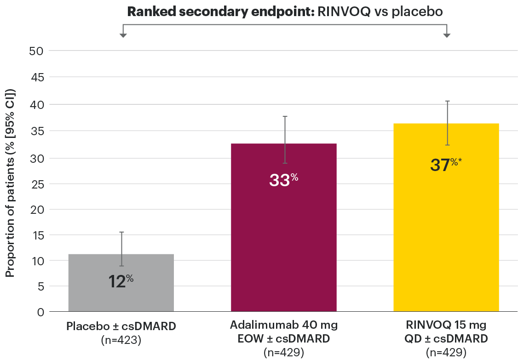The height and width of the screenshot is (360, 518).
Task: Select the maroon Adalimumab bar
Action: pyautogui.click(x=283, y=239)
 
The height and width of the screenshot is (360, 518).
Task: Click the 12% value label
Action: pyautogui.click(x=121, y=281)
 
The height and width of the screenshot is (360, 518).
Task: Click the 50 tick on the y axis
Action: pyautogui.click(x=36, y=51)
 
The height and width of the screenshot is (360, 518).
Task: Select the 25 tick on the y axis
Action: pyautogui.click(x=36, y=184)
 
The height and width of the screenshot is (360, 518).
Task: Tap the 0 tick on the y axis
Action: pyautogui.click(x=40, y=312)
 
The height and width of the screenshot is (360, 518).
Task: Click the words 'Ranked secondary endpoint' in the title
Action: pyautogui.click(x=220, y=12)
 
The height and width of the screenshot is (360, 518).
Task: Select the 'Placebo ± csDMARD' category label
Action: pyautogui.click(x=121, y=327)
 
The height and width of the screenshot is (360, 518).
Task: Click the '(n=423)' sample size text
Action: pyautogui.click(x=121, y=340)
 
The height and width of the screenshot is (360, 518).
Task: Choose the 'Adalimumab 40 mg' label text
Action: pyautogui.click(x=283, y=326)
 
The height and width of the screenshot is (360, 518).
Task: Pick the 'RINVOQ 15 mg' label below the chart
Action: pyautogui.click(x=446, y=326)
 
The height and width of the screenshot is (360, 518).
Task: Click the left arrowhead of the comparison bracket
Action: pyautogui.click(x=123, y=35)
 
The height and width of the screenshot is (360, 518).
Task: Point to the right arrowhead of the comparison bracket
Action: pyautogui.click(x=447, y=35)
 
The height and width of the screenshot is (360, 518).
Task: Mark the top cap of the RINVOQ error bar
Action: pyautogui.click(x=447, y=101)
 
